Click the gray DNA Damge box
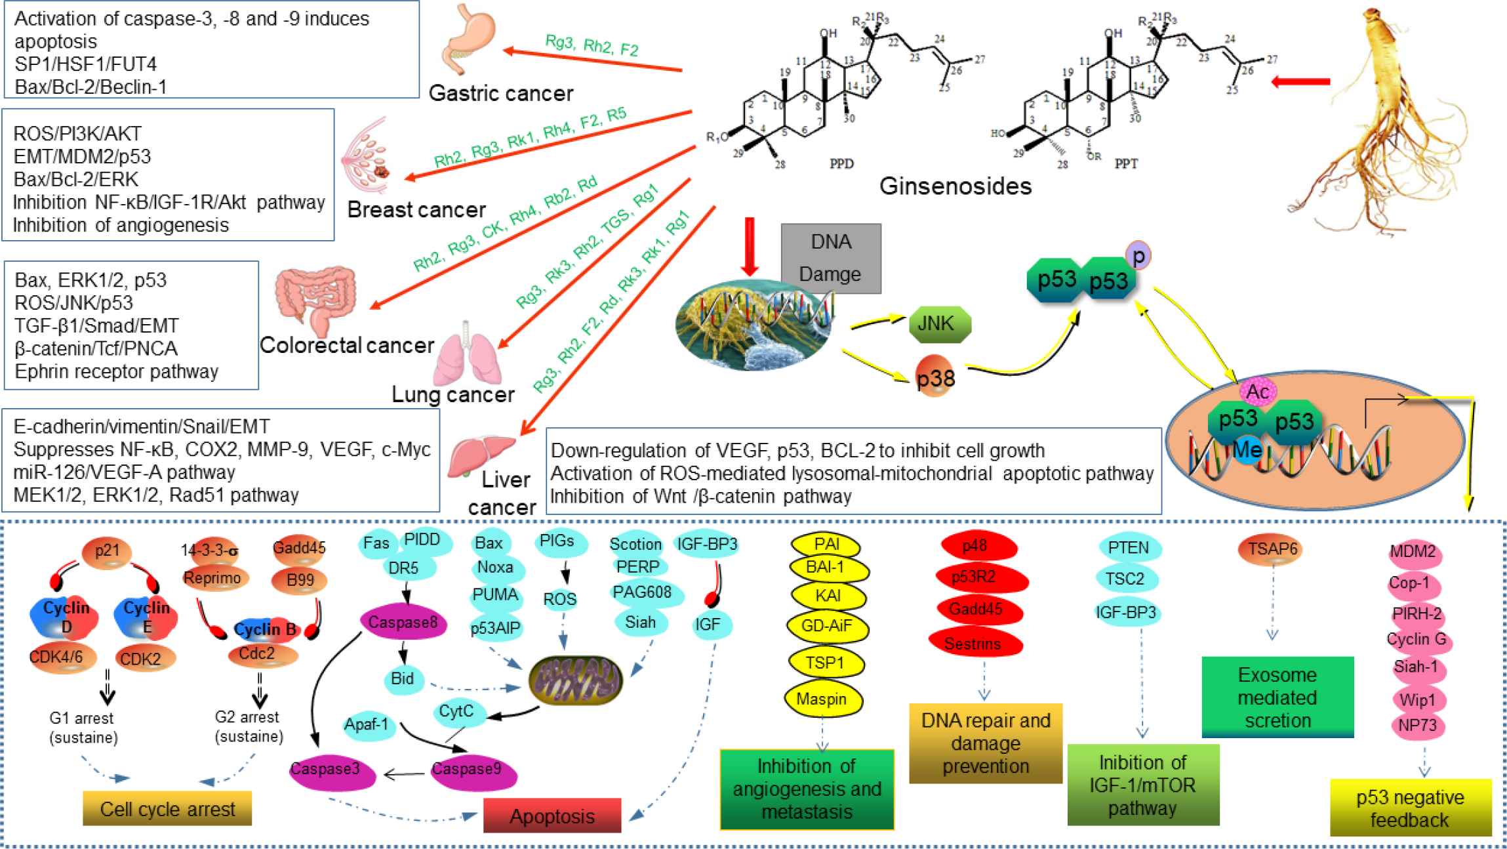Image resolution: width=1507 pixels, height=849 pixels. tap(831, 258)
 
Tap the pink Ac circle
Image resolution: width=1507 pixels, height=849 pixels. tap(1258, 392)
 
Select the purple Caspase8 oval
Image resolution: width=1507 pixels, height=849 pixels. tap(403, 622)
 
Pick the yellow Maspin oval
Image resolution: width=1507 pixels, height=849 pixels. tap(822, 699)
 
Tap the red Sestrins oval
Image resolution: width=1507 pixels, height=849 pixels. tap(974, 644)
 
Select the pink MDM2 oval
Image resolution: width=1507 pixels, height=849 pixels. tap(1413, 552)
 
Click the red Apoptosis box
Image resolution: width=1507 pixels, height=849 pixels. tap(552, 816)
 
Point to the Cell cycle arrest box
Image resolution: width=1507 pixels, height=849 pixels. tap(167, 808)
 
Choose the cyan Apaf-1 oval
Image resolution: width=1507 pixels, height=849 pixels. tap(367, 725)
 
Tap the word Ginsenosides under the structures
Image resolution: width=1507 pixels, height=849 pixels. tap(955, 186)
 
